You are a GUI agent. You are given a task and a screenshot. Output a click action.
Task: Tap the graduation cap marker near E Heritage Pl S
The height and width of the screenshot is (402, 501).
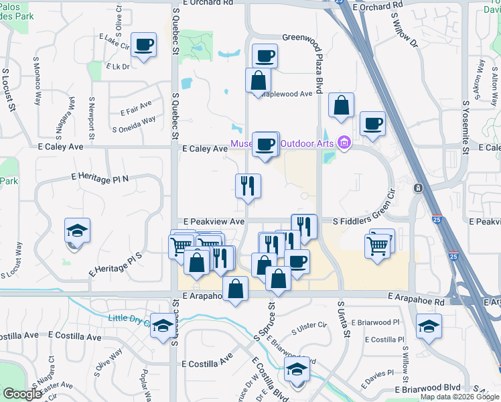pyautogui.click(x=78, y=231)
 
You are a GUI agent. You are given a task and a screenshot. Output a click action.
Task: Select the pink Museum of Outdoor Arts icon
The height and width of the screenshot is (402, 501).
pyautogui.click(x=345, y=142)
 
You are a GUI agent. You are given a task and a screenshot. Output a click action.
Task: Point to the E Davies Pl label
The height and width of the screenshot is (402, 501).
pyautogui.click(x=378, y=375)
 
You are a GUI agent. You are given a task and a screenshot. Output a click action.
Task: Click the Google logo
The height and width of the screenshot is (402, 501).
pyautogui.click(x=22, y=394)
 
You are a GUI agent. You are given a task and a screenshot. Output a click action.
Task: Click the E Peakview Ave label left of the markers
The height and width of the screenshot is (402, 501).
pyautogui.click(x=213, y=221)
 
